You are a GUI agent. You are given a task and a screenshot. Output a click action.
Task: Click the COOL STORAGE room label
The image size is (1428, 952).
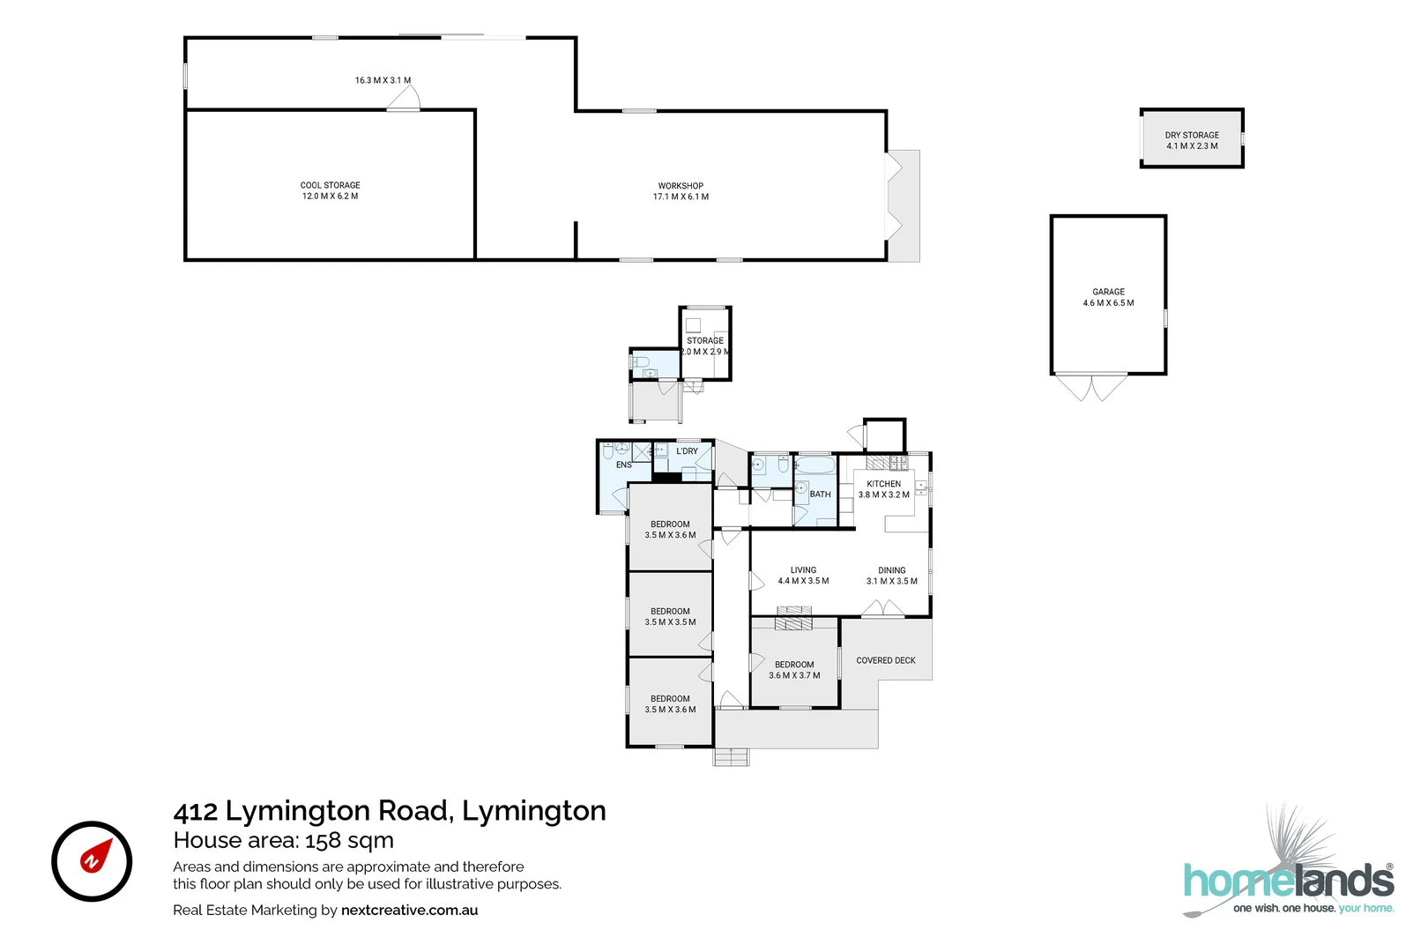coord(330,190)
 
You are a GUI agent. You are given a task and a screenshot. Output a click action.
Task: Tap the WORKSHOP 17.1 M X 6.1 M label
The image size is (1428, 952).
coord(681,191)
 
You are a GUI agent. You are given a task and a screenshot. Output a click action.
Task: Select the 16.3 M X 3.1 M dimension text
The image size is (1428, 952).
coord(383,80)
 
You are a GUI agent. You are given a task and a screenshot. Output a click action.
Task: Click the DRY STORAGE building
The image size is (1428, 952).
coord(1191,139)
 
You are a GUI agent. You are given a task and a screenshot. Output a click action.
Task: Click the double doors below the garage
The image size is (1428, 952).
coord(1091,388)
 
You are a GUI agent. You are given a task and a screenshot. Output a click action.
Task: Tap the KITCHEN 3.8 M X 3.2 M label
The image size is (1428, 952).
coord(883,489)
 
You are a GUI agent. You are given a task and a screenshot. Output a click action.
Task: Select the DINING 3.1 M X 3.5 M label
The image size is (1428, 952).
coord(891,576)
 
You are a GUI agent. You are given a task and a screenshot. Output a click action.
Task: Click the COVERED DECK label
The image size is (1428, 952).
coord(885,660)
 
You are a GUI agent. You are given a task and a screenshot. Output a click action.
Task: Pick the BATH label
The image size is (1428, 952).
coord(820,495)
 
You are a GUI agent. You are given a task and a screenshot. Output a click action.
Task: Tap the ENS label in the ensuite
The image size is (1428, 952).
coord(623,465)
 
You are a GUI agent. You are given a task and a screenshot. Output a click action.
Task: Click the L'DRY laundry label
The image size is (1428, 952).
coord(687,451)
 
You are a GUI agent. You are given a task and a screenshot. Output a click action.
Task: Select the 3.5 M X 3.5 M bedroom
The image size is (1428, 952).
coord(670,616)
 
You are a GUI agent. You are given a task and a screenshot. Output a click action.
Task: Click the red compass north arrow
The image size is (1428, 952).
coord(95,857)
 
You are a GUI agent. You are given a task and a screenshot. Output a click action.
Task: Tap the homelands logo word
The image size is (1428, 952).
coord(1288,881)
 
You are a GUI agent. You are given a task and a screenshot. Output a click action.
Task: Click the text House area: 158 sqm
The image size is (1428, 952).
coord(283,840)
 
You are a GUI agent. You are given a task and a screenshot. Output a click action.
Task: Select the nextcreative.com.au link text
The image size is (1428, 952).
coord(409,910)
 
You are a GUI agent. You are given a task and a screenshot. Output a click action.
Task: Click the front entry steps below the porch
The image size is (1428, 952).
coord(731,757)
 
